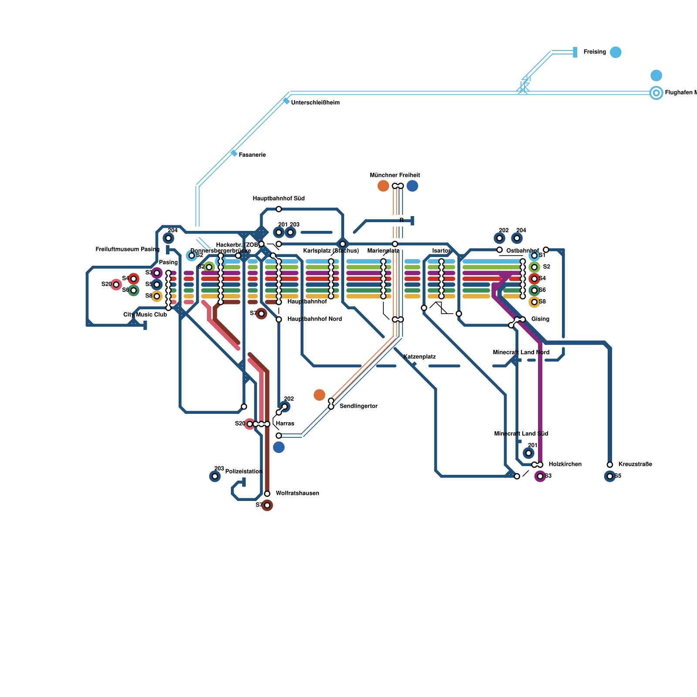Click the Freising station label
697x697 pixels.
click(x=594, y=52)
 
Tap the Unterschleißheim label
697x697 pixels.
click(x=315, y=103)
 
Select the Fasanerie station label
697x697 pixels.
click(x=252, y=155)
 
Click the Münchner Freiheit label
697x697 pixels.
click(x=395, y=175)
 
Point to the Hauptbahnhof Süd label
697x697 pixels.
click(x=278, y=199)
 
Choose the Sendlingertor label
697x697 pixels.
click(x=358, y=406)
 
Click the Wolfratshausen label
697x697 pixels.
click(x=297, y=494)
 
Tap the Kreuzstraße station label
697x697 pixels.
click(x=635, y=464)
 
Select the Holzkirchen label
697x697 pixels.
click(x=565, y=464)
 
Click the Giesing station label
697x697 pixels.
click(x=540, y=319)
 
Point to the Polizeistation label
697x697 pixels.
click(x=244, y=472)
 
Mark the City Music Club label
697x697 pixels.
click(x=145, y=315)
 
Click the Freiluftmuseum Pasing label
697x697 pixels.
click(x=127, y=250)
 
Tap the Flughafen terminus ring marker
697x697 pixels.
click(x=656, y=93)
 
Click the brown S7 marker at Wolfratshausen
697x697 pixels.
click(x=267, y=505)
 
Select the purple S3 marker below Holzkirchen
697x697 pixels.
click(x=540, y=476)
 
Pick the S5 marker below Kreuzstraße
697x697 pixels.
click(x=610, y=476)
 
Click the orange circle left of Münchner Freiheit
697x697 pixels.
click(x=383, y=186)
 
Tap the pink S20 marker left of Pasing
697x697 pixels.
click(x=116, y=284)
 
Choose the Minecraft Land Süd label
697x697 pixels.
click(x=521, y=434)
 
